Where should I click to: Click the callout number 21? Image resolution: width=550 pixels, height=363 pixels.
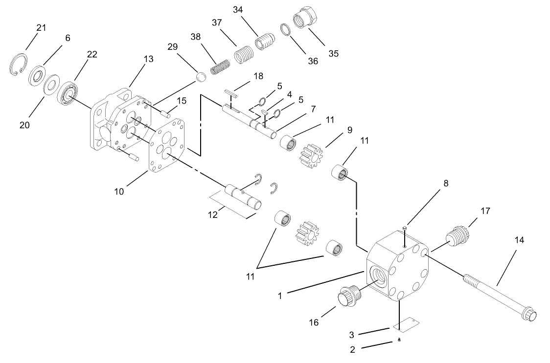point(41,28)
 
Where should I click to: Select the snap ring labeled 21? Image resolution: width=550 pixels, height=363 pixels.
point(19,66)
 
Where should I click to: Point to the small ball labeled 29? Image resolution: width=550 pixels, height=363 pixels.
point(201,77)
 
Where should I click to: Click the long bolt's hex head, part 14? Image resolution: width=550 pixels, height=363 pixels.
point(530,314)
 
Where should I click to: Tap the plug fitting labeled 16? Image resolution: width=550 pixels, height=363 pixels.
point(348,296)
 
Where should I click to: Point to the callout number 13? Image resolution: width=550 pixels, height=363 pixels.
point(148,59)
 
